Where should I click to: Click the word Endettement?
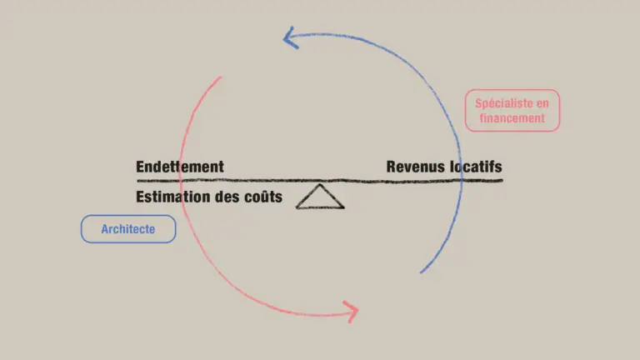(180, 167)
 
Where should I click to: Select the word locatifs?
(476, 167)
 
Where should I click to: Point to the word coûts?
(262, 198)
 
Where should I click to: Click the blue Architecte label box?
(128, 229)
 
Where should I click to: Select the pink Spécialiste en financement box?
(512, 111)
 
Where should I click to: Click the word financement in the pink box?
(512, 118)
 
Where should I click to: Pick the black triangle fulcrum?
(320, 197)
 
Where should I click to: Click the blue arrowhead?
(290, 37)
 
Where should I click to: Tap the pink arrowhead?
(351, 312)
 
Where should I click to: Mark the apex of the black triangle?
(320, 185)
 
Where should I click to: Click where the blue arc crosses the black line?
(461, 180)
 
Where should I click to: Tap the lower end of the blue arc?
(421, 272)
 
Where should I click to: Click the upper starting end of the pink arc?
(221, 77)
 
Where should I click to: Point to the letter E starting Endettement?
(141, 167)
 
